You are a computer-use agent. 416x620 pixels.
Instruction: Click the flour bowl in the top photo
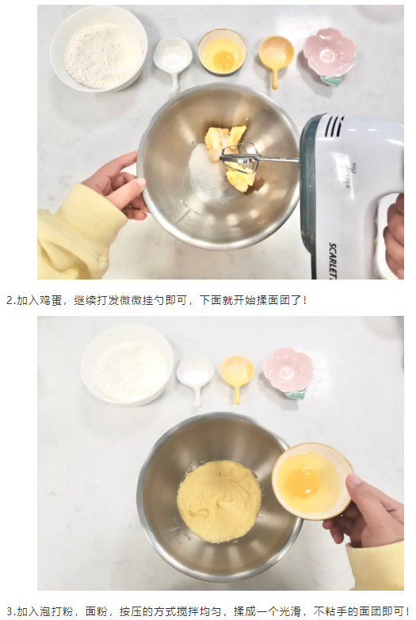(98, 48)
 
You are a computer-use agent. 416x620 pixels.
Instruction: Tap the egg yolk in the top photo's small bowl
(224, 59)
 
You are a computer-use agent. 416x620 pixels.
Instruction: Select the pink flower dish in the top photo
(330, 55)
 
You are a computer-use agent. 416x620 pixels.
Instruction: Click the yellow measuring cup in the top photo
(276, 58)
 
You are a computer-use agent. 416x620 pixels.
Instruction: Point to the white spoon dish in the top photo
(173, 62)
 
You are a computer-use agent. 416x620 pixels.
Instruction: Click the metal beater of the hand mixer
(241, 158)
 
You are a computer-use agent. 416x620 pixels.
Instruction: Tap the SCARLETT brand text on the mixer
(334, 261)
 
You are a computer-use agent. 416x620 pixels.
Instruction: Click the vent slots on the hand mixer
(334, 126)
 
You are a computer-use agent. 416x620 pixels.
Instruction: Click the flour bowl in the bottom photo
(127, 364)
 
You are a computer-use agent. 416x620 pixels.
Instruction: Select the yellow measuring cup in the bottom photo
(237, 375)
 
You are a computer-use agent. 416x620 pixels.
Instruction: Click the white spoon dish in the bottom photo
(195, 376)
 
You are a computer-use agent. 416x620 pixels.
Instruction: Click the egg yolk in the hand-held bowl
(302, 483)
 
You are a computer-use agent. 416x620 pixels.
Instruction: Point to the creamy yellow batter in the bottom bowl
(219, 501)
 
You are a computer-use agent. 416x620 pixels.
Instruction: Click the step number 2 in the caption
(10, 301)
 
